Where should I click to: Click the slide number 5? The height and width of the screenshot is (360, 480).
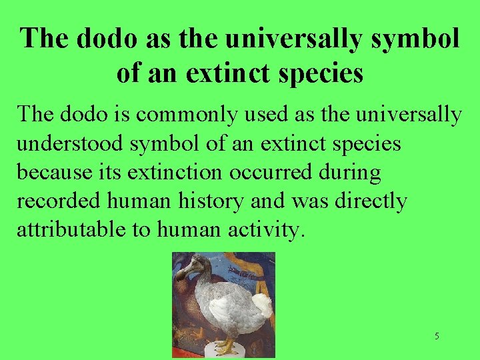437,336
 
